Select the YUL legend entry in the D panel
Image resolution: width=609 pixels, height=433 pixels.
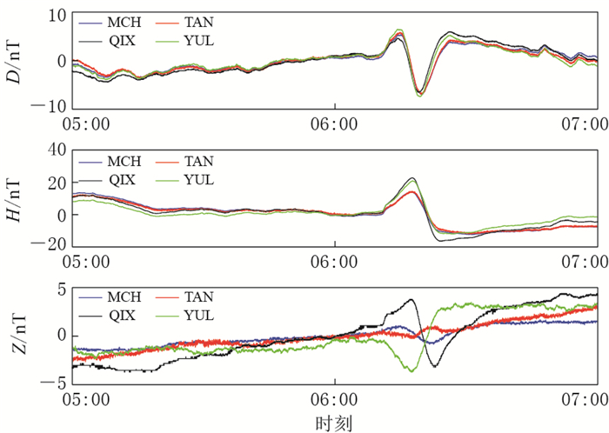pyautogui.click(x=197, y=40)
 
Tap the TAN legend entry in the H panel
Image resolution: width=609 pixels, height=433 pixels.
pyautogui.click(x=197, y=162)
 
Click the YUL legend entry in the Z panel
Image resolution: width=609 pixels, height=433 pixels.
pyautogui.click(x=197, y=315)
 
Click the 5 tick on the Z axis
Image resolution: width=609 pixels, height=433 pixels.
pyautogui.click(x=61, y=290)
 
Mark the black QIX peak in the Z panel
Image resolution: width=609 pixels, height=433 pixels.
pyautogui.click(x=412, y=300)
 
